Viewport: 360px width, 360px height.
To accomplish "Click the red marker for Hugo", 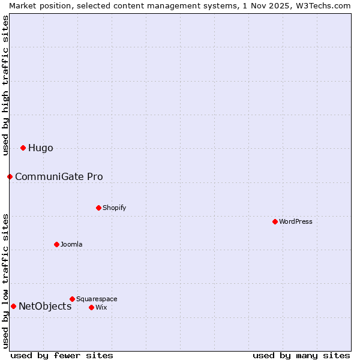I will point(23,148).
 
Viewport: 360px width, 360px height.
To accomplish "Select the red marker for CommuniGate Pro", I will point(10,176).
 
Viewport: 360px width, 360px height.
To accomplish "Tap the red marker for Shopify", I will point(98,208).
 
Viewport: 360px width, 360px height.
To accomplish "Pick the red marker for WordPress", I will point(275,221).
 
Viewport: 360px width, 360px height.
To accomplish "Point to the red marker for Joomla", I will point(56,244).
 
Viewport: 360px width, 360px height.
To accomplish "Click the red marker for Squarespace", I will point(72,299).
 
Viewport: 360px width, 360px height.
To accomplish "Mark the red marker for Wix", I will point(91,307).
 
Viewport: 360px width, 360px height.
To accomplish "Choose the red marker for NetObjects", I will point(13,306).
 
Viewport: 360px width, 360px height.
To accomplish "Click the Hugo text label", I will point(41,148).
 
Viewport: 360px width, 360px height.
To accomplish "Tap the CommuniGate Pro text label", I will point(59,177).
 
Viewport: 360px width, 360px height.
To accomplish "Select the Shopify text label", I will point(114,208).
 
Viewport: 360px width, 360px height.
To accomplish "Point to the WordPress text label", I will point(296,222).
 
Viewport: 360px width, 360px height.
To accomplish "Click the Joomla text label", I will point(71,245).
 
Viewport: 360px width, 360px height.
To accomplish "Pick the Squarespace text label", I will point(97,299).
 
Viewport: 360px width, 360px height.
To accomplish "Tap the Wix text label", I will point(101,308).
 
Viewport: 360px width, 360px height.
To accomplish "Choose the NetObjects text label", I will point(45,307).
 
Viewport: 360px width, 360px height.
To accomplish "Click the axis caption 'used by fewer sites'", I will point(62,355).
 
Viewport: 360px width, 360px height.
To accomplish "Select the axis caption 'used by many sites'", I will point(301,355).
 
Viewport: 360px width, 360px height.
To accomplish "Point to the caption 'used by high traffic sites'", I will point(5,85).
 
